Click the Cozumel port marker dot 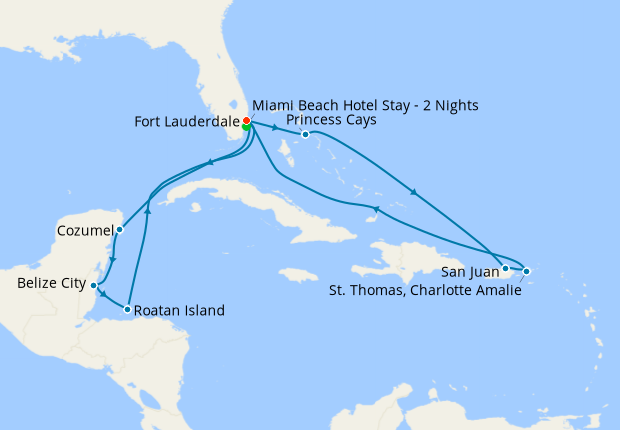(x=119, y=229)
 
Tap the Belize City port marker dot (x=93, y=285)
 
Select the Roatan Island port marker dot (x=127, y=309)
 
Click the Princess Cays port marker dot (x=305, y=134)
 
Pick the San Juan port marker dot (x=506, y=268)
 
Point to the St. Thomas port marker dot (x=527, y=271)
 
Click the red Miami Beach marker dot (x=246, y=121)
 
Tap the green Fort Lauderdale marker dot (x=246, y=128)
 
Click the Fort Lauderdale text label (x=185, y=122)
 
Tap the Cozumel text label (x=85, y=231)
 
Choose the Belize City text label (x=51, y=284)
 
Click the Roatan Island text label (x=181, y=310)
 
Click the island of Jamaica (x=297, y=274)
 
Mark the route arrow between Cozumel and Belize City (x=112, y=261)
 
